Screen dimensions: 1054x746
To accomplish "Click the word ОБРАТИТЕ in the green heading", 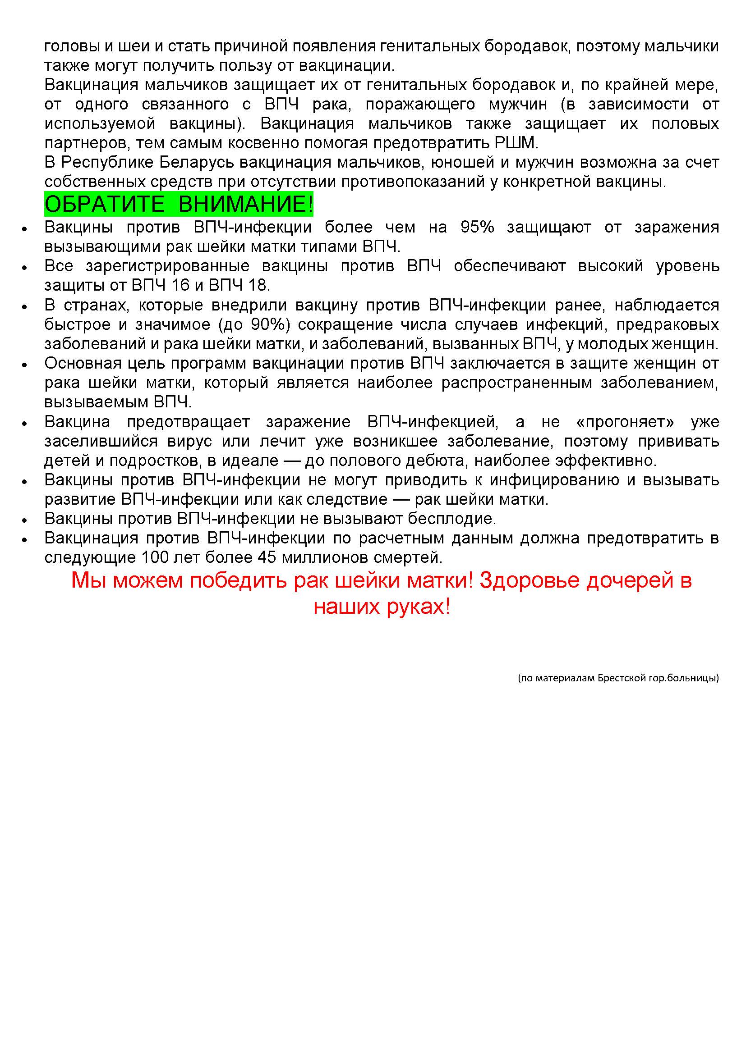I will coord(104,204).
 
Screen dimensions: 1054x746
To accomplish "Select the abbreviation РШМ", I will coord(515,143).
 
